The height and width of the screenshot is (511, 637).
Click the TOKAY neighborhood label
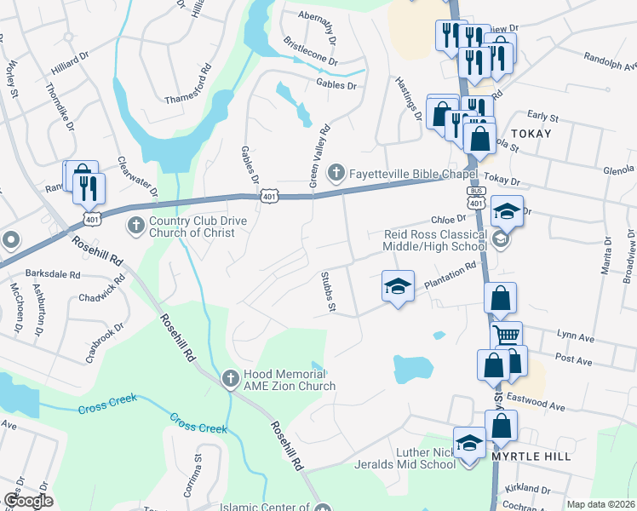[531, 135]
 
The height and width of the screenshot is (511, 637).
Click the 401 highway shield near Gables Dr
[269, 197]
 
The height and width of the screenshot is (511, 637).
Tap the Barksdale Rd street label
[52, 275]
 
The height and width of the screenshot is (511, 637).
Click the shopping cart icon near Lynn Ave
[507, 335]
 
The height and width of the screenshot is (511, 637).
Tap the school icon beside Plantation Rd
[397, 288]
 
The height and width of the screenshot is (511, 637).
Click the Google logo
[28, 501]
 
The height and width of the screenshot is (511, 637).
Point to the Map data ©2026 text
[601, 504]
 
